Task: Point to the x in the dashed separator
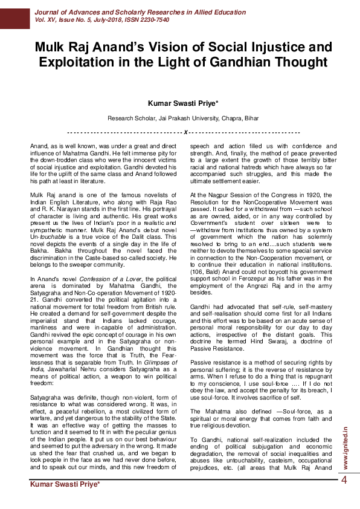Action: [185, 132]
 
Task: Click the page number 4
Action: [344, 481]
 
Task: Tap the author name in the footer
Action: [65, 485]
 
